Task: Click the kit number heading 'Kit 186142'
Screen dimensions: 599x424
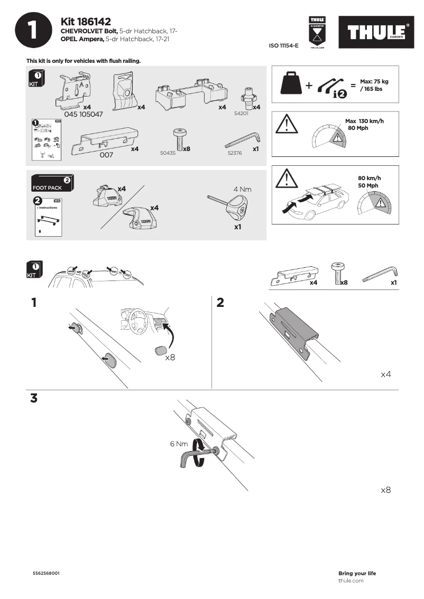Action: pyautogui.click(x=86, y=22)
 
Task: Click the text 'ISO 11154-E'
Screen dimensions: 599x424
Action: pyautogui.click(x=283, y=46)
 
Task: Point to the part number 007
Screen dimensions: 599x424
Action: pyautogui.click(x=106, y=155)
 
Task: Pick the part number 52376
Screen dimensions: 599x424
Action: pyautogui.click(x=234, y=153)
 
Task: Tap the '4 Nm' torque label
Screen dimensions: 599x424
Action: pyautogui.click(x=242, y=189)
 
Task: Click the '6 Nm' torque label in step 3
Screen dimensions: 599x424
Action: pyautogui.click(x=179, y=444)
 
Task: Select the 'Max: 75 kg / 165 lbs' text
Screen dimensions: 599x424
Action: pyautogui.click(x=374, y=85)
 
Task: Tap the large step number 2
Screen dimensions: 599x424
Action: pyautogui.click(x=220, y=303)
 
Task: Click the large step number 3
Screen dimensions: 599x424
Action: pyautogui.click(x=34, y=398)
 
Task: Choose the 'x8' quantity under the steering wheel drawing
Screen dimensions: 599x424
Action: pyautogui.click(x=170, y=358)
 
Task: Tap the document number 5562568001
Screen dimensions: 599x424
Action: pyautogui.click(x=46, y=573)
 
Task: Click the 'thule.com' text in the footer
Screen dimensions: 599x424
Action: pyautogui.click(x=351, y=581)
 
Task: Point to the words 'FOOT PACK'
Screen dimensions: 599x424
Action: pyautogui.click(x=47, y=188)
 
